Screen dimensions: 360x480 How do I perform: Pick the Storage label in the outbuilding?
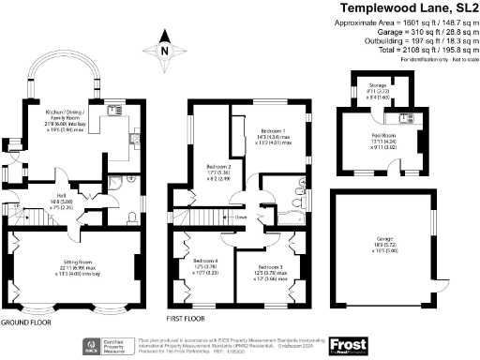379,87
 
